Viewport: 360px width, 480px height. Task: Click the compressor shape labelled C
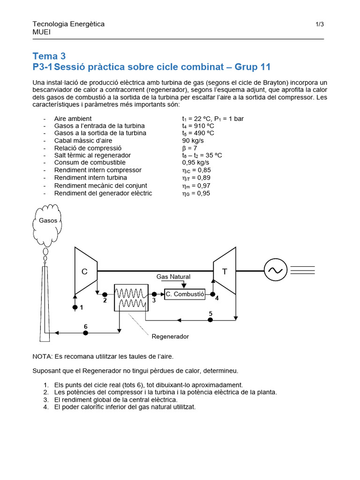(x=85, y=270)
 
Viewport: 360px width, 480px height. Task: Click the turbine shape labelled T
(x=224, y=270)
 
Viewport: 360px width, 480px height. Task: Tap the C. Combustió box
(x=185, y=294)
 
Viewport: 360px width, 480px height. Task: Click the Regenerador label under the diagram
(x=170, y=337)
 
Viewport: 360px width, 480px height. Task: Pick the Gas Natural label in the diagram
(x=173, y=277)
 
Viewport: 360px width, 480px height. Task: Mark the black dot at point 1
(x=75, y=307)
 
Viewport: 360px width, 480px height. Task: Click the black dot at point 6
(x=85, y=333)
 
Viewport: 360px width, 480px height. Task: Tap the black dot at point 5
(x=210, y=320)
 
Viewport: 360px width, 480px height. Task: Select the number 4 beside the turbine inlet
(x=217, y=298)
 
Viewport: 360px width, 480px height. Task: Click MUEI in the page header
(x=42, y=32)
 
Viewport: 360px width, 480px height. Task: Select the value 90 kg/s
(x=193, y=141)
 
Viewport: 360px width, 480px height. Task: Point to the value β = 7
(x=190, y=148)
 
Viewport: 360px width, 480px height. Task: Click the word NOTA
(x=42, y=357)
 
